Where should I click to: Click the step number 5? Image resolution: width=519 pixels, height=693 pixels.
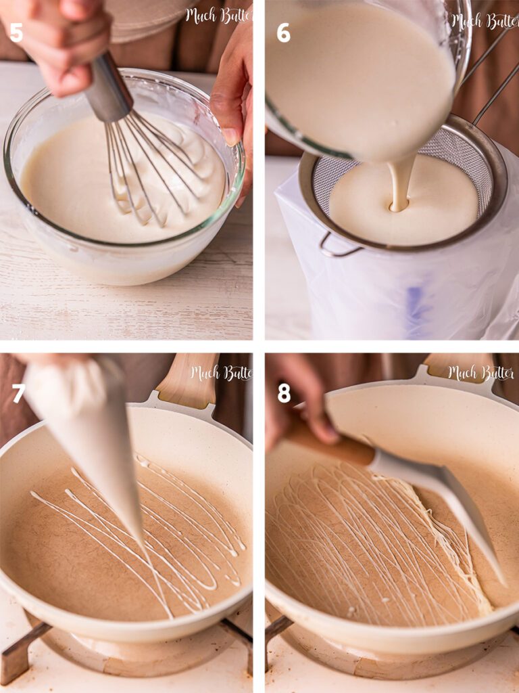point(16,32)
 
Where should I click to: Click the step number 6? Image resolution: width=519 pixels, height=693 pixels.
point(283,32)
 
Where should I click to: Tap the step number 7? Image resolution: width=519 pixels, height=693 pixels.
point(18,393)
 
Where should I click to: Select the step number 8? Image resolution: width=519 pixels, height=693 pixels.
point(284,393)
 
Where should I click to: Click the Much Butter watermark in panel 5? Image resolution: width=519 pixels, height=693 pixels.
point(218,16)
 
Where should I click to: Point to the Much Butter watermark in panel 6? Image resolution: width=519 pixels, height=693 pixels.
point(484,21)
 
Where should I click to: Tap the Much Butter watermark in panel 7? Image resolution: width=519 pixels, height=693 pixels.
point(220,373)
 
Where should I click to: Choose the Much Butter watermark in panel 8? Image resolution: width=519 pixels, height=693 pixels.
point(480,373)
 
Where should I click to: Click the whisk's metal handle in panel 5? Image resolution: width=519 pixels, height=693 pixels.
point(108,88)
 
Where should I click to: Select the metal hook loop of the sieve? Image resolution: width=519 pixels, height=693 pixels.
point(338,247)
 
